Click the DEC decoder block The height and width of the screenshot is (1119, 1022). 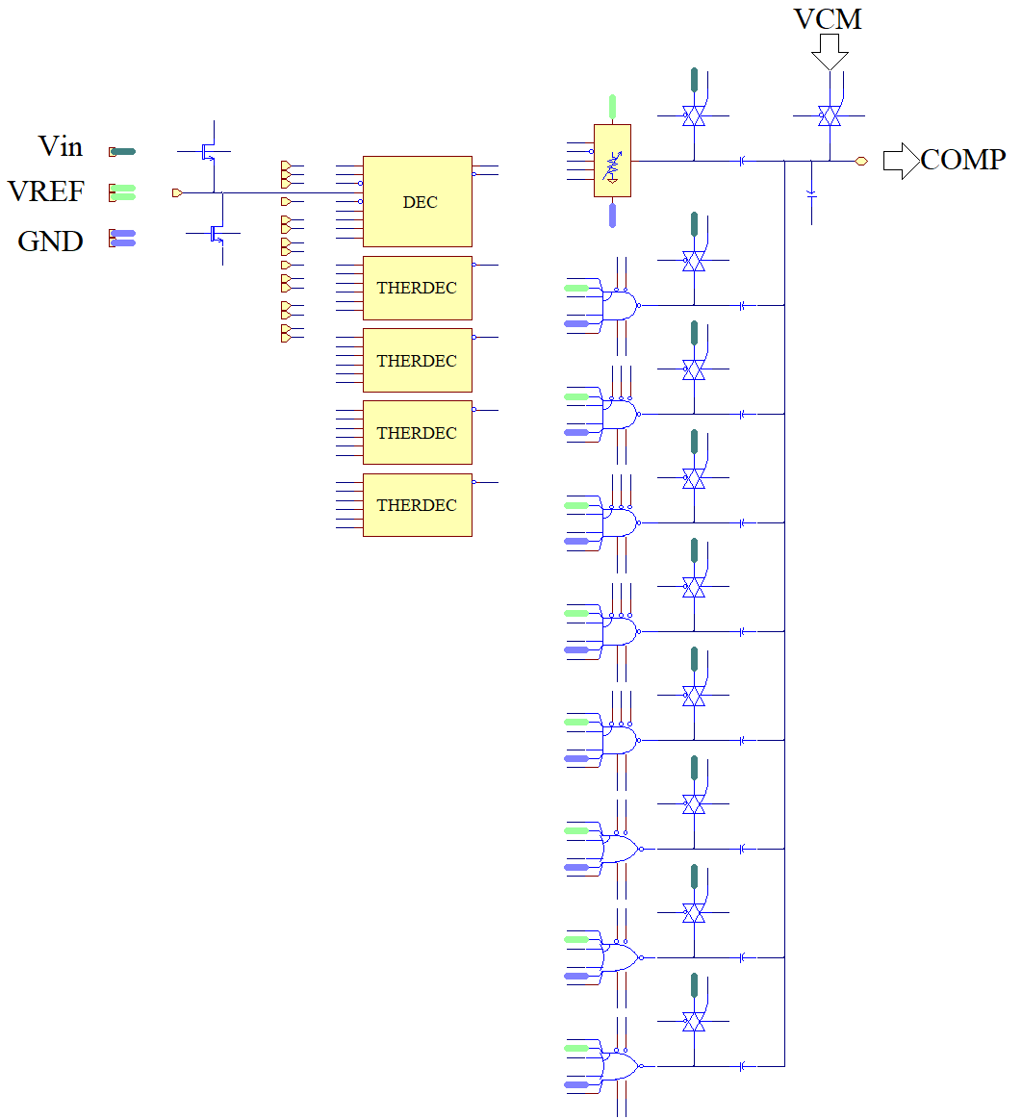417,202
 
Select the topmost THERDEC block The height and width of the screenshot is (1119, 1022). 417,288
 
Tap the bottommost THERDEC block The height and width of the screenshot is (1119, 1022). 417,505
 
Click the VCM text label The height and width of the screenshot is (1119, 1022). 828,18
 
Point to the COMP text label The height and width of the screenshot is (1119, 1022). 963,160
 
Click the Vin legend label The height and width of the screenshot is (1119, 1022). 61,147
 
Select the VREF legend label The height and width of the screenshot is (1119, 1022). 46,191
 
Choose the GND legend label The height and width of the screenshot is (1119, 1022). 50,242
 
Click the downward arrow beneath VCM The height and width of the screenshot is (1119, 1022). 830,52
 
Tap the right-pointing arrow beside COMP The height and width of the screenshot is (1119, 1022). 901,161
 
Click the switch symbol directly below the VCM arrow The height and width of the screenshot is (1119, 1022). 829,115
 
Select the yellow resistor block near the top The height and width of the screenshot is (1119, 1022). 612,161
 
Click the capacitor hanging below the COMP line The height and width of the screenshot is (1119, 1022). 811,194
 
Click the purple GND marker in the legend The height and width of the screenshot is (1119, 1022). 123,238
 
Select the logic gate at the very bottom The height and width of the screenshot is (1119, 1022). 621,1065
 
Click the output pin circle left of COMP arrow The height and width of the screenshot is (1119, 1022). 861,161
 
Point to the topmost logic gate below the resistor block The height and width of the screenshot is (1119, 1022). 621,305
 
